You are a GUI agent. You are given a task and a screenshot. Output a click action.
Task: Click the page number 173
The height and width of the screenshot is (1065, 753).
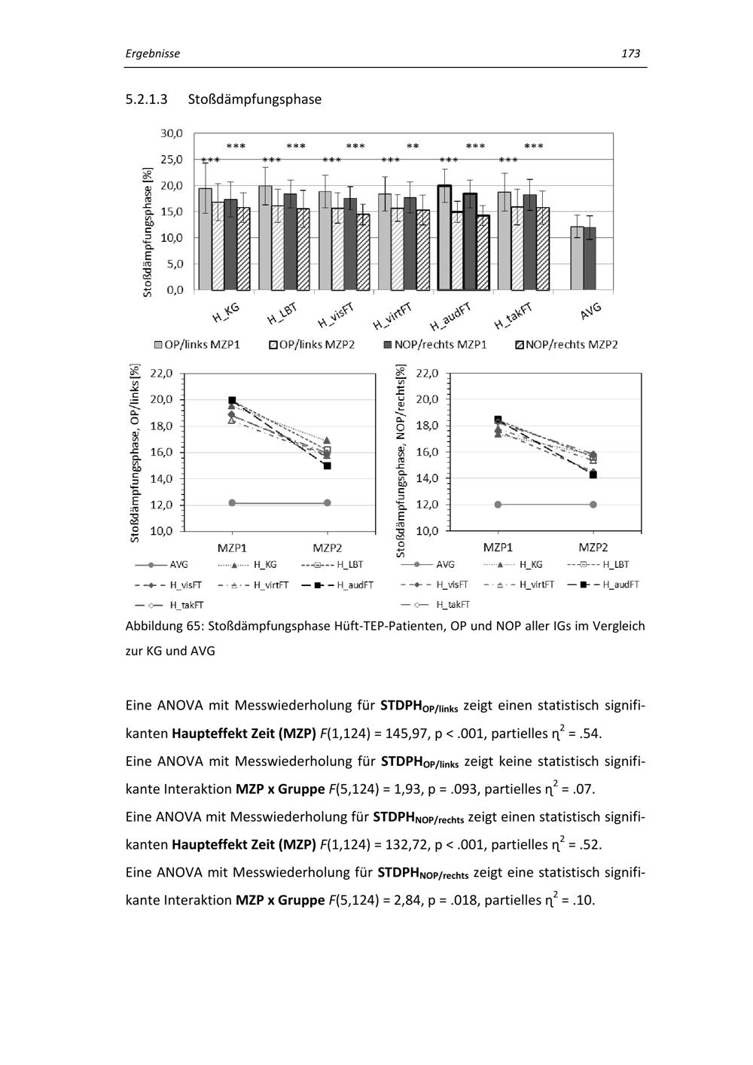click(630, 53)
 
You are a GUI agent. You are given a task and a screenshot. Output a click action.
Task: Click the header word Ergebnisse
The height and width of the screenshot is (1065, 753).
click(153, 53)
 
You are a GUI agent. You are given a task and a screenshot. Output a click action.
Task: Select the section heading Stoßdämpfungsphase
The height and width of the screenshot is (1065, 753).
click(255, 99)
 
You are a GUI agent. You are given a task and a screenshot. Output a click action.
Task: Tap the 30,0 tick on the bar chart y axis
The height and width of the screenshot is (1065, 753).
click(172, 133)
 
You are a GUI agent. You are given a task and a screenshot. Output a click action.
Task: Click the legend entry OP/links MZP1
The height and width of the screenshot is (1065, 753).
click(197, 344)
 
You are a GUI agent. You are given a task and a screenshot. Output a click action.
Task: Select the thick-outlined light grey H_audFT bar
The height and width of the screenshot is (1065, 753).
click(444, 237)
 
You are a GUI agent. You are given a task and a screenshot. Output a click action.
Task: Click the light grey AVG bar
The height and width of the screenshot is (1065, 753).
click(577, 258)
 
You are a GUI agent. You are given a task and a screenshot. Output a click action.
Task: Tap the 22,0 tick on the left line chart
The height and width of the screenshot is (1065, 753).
click(162, 373)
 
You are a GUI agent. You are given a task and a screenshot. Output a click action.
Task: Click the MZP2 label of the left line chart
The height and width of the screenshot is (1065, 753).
click(327, 548)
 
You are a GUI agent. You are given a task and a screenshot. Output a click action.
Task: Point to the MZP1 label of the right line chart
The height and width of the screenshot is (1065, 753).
click(498, 548)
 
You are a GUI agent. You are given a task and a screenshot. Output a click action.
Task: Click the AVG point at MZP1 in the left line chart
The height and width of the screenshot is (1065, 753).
click(232, 502)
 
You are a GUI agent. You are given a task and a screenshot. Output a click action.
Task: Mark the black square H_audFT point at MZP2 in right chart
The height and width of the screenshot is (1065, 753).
click(593, 475)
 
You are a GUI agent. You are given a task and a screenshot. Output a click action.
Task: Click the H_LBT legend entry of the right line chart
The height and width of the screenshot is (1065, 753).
click(599, 564)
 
